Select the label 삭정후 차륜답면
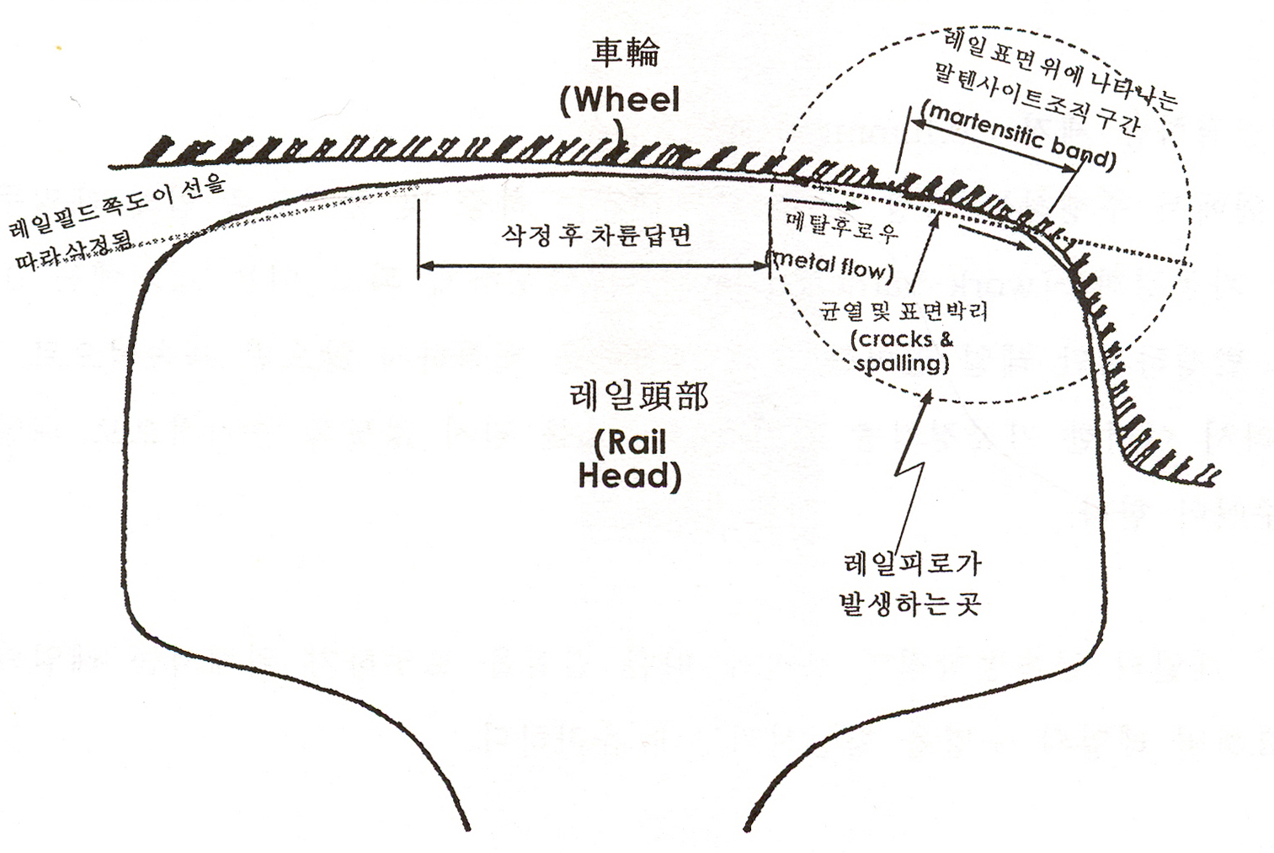pyautogui.click(x=595, y=235)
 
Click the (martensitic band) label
pyautogui.click(x=1018, y=136)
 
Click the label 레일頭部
pyautogui.click(x=637, y=397)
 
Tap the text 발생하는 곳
pyautogui.click(x=909, y=604)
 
